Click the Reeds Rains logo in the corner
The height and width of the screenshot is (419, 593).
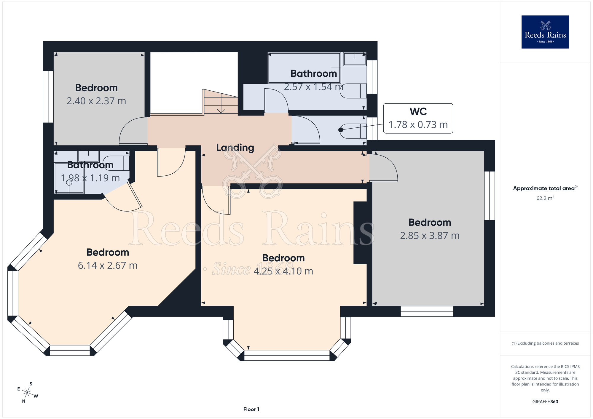coord(545,32)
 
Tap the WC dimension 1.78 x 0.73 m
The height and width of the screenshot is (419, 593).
coord(418,125)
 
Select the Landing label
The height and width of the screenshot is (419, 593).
coord(235,148)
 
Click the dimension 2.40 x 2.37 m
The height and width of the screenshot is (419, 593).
coord(96,101)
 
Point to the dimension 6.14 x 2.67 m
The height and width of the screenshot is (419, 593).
coord(108,266)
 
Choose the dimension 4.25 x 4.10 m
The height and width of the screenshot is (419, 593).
coord(283,271)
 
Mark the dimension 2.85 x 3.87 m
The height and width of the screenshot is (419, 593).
coord(430,236)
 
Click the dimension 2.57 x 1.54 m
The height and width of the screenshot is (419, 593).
coord(314,87)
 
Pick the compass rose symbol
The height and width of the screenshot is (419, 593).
coord(27,393)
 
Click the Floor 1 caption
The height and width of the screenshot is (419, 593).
coord(251,409)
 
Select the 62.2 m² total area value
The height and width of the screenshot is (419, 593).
coord(545,198)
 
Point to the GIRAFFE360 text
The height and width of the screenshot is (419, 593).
coord(545,402)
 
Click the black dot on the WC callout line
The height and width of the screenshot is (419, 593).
coord(341,130)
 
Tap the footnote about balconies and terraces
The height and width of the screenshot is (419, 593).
coord(545,343)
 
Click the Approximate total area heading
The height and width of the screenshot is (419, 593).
coord(545,188)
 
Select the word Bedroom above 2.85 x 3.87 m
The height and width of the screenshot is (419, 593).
coord(430,223)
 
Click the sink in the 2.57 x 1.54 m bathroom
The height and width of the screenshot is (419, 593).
coord(355,59)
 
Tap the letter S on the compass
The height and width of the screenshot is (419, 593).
coord(31,384)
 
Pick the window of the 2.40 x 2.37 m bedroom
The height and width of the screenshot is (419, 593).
coord(48,97)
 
